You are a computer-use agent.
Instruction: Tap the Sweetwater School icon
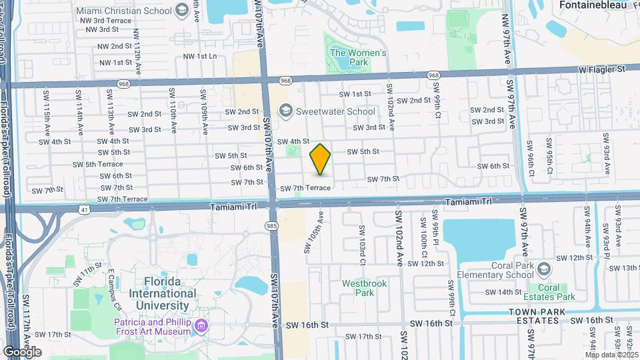[x=286, y=111]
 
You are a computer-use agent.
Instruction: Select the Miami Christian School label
[x=123, y=11]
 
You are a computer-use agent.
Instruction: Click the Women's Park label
[x=358, y=57]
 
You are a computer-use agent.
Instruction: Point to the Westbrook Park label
[x=364, y=287]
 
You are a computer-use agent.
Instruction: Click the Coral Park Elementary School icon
[x=544, y=269]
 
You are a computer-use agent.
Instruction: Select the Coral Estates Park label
[x=557, y=292]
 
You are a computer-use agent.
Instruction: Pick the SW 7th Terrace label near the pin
[x=305, y=189]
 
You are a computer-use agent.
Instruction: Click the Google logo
[x=22, y=352]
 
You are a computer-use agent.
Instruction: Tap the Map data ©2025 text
[x=611, y=354]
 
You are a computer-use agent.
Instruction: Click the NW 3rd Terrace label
[x=105, y=21]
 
